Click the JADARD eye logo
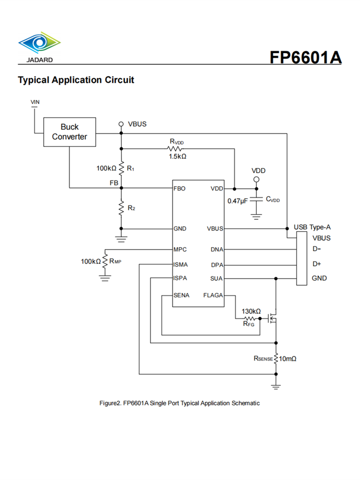(x=39, y=44)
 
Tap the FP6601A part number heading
(x=305, y=57)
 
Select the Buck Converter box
(x=70, y=132)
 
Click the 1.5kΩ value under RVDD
(x=177, y=156)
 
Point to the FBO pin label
(x=180, y=189)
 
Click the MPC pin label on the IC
(x=180, y=250)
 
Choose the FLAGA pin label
(x=213, y=295)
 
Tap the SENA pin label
(x=181, y=295)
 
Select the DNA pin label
(x=216, y=250)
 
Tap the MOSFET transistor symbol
(x=273, y=318)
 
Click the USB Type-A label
(x=312, y=227)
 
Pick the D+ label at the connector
(x=316, y=264)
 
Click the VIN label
(x=35, y=102)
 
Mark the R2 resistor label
(x=131, y=208)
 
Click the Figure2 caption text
(x=180, y=403)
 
